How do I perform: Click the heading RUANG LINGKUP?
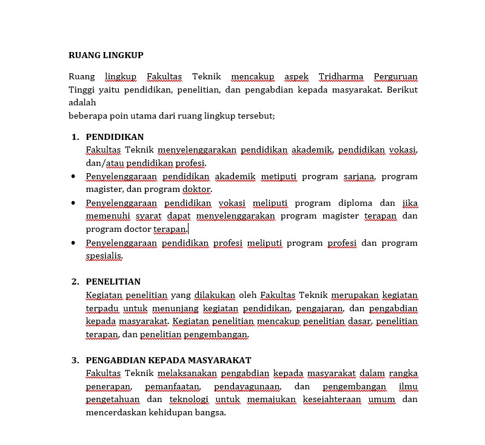(106, 56)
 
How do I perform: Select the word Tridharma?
(341, 77)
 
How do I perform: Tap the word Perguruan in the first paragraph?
(395, 77)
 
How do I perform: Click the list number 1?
(75, 137)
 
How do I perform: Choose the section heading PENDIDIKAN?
(115, 137)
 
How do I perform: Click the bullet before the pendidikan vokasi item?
(73, 203)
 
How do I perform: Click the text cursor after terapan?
(188, 229)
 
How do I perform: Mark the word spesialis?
(104, 256)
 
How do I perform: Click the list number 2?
(75, 282)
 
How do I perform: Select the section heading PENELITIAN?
(113, 282)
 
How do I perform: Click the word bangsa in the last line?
(210, 414)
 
